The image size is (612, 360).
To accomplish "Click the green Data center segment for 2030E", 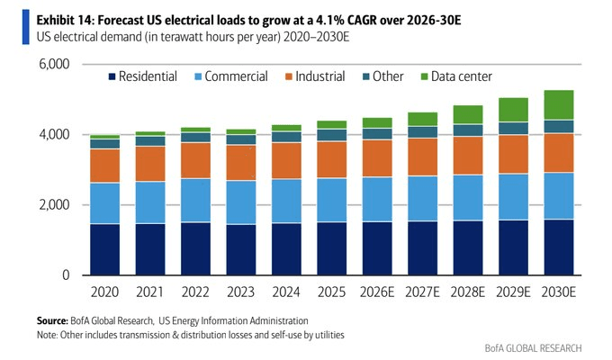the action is click(559, 105).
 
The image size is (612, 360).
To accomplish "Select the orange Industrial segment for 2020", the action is click(105, 166).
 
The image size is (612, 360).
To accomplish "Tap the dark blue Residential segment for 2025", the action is click(332, 248).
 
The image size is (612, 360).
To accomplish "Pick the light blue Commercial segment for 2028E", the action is click(468, 198).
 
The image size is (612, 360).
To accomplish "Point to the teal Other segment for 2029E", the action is click(513, 128).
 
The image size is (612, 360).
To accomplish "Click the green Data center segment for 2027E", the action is click(423, 119).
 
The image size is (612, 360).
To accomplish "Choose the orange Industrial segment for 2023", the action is click(241, 163).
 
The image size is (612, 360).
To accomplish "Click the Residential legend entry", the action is click(143, 76).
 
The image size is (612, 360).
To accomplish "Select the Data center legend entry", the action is click(456, 76).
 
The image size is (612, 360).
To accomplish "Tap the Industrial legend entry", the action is click(315, 76).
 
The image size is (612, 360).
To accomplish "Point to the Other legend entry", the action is click(382, 76).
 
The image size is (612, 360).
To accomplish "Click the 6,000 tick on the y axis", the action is click(54, 64).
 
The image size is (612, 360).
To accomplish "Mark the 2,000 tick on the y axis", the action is click(54, 204).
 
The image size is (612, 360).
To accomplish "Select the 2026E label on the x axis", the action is click(377, 292).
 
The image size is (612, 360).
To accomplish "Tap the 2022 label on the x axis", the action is click(195, 292).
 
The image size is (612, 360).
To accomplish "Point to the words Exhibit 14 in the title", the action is click(65, 20).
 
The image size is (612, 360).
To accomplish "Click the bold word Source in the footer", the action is click(52, 321).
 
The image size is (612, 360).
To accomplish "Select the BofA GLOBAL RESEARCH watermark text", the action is click(533, 348).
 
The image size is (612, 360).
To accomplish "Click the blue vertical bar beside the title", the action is click(26, 27).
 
